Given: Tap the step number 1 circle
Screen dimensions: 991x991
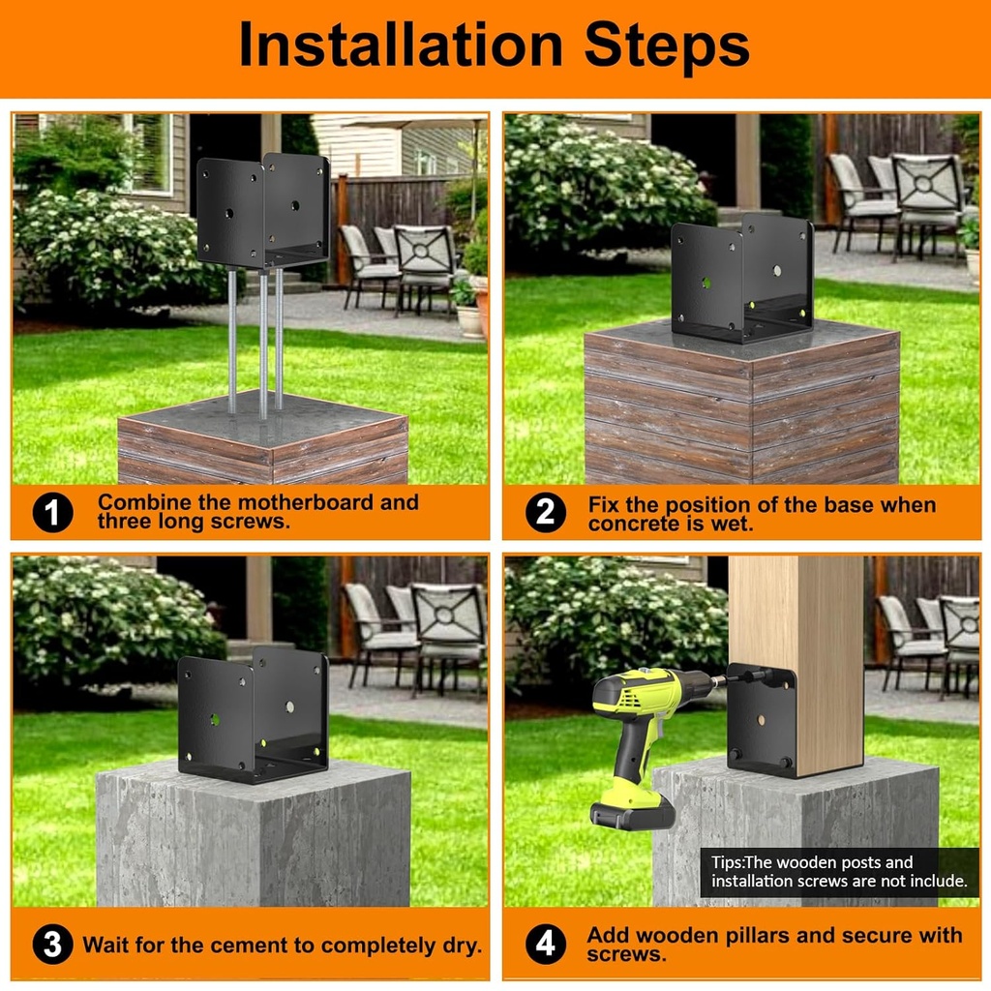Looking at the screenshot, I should (52, 513).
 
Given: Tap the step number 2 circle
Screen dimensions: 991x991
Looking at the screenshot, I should (545, 513).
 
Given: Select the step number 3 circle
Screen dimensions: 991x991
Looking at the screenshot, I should (52, 945).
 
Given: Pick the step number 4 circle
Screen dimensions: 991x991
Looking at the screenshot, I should (545, 945).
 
